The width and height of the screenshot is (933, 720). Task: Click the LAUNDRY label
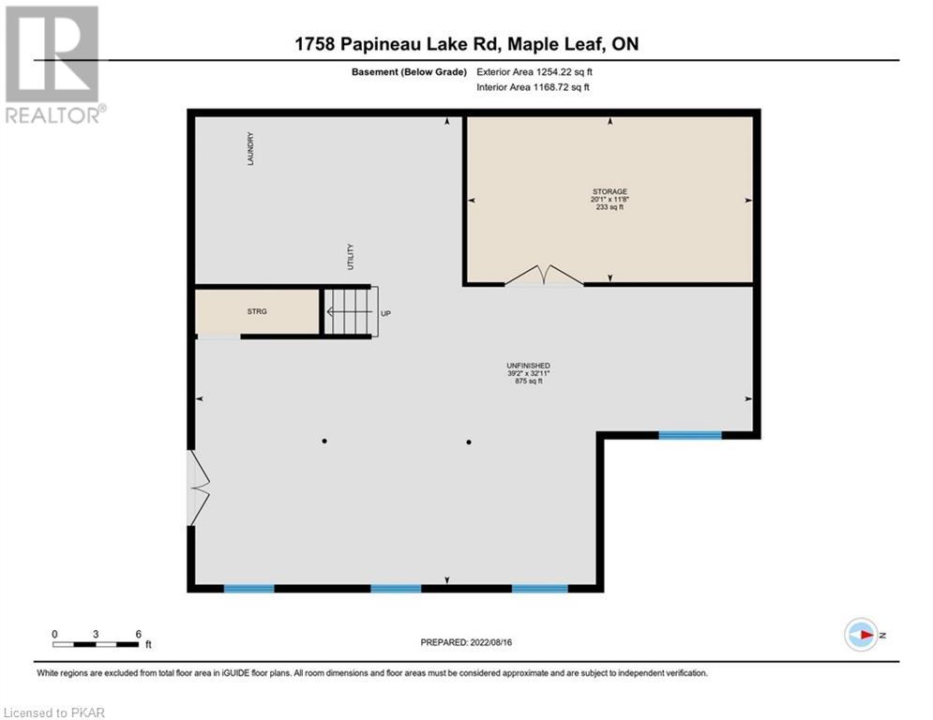(x=250, y=149)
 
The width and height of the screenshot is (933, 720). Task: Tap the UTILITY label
(x=351, y=257)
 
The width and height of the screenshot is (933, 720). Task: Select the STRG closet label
(x=257, y=311)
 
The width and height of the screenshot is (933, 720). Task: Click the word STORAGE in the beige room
(x=609, y=191)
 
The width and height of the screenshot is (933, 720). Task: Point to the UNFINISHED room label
(x=528, y=366)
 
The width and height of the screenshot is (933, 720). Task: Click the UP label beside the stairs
(x=385, y=313)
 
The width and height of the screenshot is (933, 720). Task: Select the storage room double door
(x=544, y=276)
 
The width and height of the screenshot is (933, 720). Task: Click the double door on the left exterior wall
(x=199, y=487)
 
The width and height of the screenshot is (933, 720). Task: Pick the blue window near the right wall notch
(x=690, y=435)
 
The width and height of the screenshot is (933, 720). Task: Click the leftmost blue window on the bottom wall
(x=248, y=589)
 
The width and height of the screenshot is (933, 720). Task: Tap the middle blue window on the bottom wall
(x=396, y=589)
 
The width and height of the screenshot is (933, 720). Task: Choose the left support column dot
(x=324, y=441)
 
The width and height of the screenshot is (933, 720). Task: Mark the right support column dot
(x=469, y=442)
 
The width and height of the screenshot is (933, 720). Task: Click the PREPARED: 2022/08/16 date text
(x=466, y=642)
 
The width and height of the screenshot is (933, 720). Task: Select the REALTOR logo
(x=54, y=65)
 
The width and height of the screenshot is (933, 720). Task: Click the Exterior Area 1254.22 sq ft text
(x=534, y=72)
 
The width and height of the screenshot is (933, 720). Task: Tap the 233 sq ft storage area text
(x=609, y=207)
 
